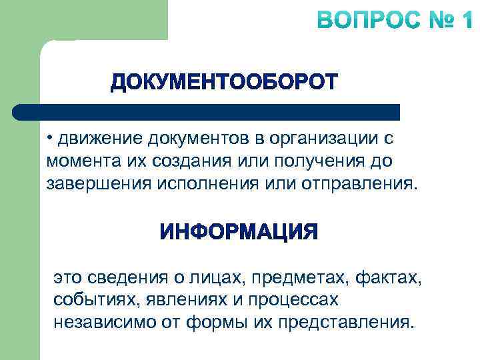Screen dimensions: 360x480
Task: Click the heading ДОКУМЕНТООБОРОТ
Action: [x=224, y=83]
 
